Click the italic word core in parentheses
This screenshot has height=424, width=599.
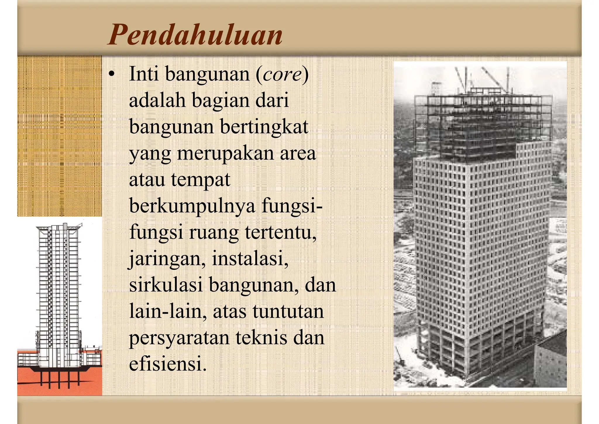(282, 74)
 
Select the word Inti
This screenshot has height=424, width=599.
(144, 74)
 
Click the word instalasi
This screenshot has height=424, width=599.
(250, 259)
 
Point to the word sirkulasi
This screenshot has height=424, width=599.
(166, 285)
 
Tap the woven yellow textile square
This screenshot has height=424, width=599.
(59, 136)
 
